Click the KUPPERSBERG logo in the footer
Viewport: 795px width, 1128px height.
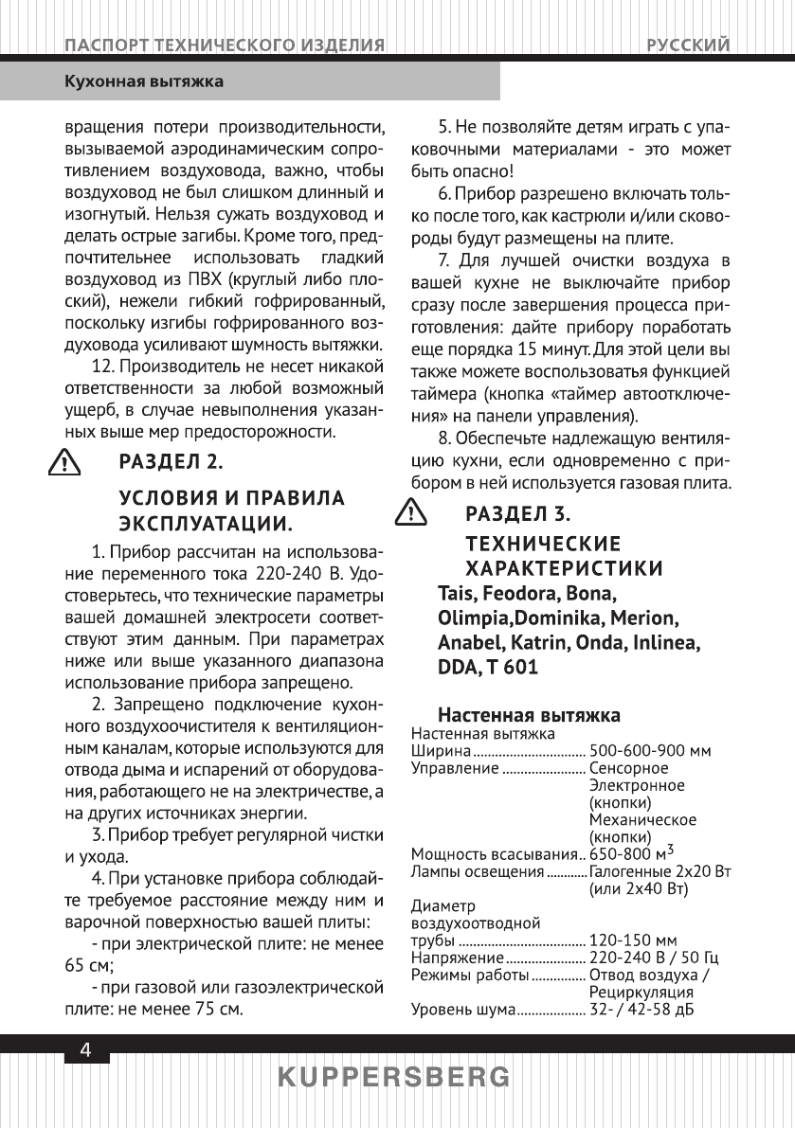coord(395,1078)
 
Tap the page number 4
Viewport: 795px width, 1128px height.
coord(85,1050)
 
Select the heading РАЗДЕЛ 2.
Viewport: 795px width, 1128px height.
coord(171,462)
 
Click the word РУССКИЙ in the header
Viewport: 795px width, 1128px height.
coord(688,45)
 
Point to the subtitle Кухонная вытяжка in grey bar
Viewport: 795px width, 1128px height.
coord(143,81)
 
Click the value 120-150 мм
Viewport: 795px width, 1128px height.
coord(632,940)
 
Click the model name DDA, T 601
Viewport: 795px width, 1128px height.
coord(488,667)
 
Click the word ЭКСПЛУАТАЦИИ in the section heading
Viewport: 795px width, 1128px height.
coord(204,524)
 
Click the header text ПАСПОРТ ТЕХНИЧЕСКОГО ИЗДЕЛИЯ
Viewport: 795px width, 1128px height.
coord(224,45)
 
